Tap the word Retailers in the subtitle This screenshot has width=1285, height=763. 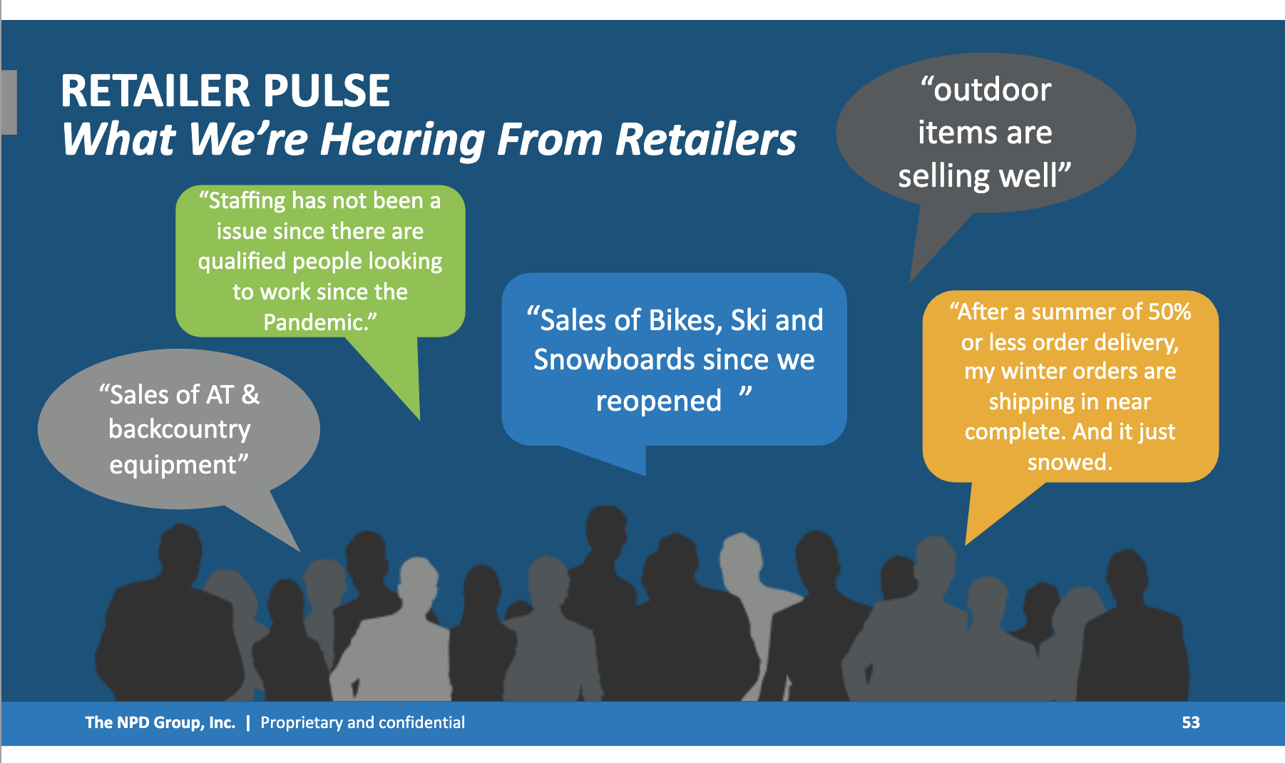coord(706,139)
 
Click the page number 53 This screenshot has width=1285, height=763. coord(1191,722)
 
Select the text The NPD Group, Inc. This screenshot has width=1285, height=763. coord(160,722)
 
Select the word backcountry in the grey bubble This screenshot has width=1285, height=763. coord(180,429)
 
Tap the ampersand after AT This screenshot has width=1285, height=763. coord(250,394)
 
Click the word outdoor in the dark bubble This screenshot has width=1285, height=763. coord(993,91)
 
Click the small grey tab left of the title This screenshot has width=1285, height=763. coord(9,102)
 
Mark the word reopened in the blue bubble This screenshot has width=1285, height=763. coord(659,401)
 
